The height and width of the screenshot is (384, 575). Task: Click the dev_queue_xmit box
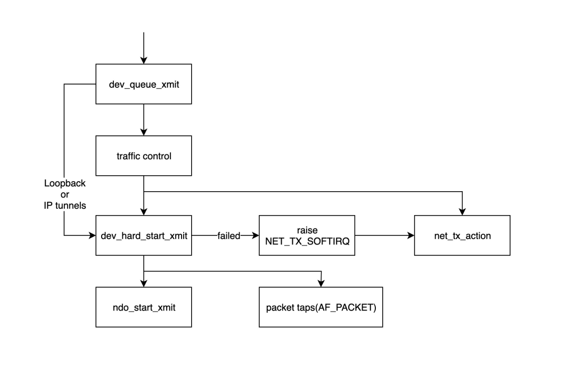click(x=144, y=84)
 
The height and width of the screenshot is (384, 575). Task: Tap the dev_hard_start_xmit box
click(x=144, y=235)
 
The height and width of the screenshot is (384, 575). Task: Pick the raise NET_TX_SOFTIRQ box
click(x=307, y=235)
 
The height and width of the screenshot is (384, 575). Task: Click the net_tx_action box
click(x=462, y=235)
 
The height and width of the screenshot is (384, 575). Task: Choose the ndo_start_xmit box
click(x=144, y=307)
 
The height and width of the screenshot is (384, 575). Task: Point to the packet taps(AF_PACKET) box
click(x=321, y=307)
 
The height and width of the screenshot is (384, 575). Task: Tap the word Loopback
click(x=65, y=184)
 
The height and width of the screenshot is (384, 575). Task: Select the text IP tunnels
click(x=65, y=205)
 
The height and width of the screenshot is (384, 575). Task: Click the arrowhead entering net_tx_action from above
click(x=462, y=211)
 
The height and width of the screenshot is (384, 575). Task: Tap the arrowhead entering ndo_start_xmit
click(x=144, y=283)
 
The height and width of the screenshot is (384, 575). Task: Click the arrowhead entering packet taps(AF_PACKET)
click(x=321, y=283)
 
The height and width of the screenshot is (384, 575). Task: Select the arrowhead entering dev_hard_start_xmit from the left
click(x=92, y=235)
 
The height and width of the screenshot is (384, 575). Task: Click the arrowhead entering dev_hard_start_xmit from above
click(x=144, y=211)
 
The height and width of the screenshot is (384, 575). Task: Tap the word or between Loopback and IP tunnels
click(x=65, y=194)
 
